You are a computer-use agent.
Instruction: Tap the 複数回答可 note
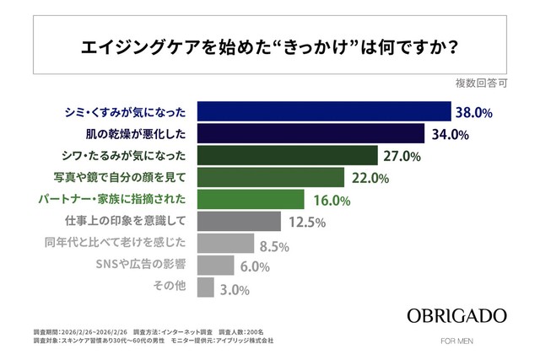pyautogui.click(x=481, y=84)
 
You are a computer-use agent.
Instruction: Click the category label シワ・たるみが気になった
pyautogui.click(x=126, y=156)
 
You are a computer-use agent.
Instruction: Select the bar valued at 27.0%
pyautogui.click(x=286, y=156)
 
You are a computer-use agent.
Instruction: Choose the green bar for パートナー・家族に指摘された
pyautogui.click(x=250, y=200)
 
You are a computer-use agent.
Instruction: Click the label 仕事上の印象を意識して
pyautogui.click(x=126, y=222)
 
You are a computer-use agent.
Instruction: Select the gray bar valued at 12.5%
pyautogui.click(x=238, y=222)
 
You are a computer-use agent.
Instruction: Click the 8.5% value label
pyautogui.click(x=274, y=245)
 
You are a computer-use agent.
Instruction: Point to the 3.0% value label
pyautogui.click(x=235, y=289)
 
